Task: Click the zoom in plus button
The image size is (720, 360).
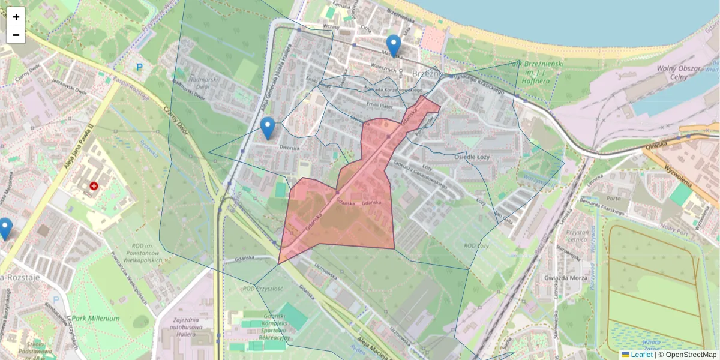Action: point(16,17)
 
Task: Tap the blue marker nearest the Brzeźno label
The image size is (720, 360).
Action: point(394,46)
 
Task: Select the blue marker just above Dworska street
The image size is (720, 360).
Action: point(268,128)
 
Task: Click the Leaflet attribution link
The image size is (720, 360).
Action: point(641,355)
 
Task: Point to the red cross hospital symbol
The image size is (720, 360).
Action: point(94,187)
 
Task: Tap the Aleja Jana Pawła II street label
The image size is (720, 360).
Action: point(76,150)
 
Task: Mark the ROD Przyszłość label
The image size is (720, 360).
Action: point(262,289)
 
